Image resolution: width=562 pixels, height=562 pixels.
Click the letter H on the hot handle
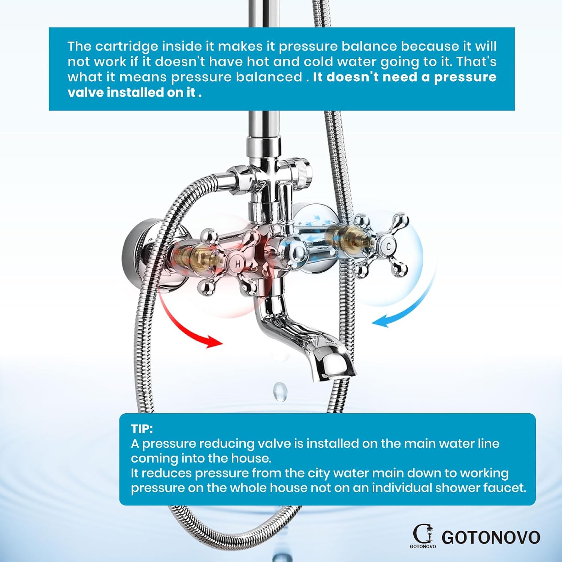tap(238, 264)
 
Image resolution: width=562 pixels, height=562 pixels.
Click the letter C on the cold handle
tap(389, 247)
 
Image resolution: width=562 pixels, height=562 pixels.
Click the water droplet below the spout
tap(280, 392)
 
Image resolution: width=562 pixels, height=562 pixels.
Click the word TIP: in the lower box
tap(142, 429)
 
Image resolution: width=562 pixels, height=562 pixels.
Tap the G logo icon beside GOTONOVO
tap(423, 534)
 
